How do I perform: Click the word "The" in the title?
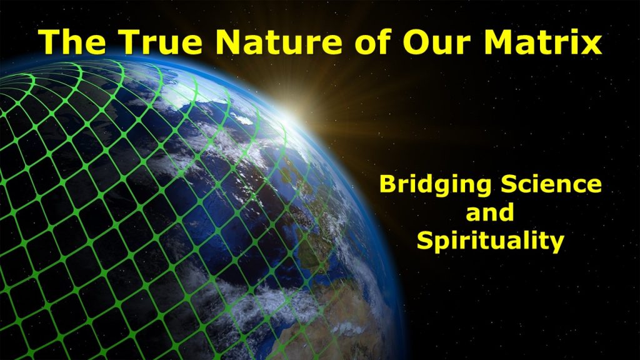pos(72,42)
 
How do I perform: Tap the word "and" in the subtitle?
pos(490,212)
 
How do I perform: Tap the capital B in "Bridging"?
pos(387,184)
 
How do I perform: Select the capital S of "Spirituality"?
pos(424,240)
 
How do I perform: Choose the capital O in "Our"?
pos(416,42)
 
